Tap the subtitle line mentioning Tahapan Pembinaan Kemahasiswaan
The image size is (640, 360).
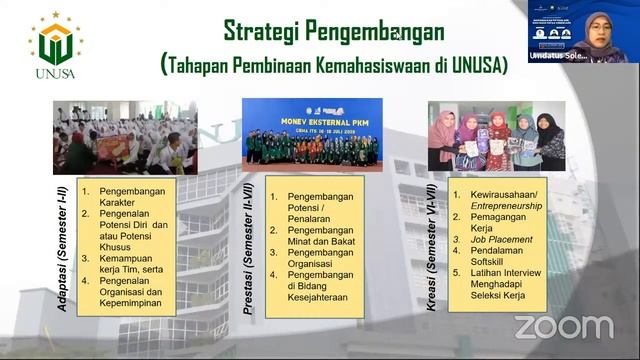pyautogui.click(x=334, y=65)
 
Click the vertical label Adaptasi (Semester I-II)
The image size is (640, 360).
pyautogui.click(x=63, y=245)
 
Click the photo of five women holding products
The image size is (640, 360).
pyautogui.click(x=497, y=136)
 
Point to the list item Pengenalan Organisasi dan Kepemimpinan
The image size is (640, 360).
pyautogui.click(x=133, y=289)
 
